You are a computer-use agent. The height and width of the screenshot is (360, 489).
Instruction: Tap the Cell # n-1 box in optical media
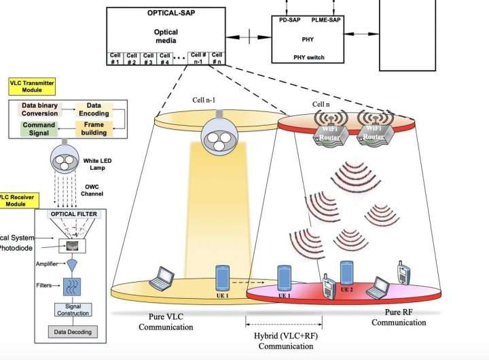point(198,59)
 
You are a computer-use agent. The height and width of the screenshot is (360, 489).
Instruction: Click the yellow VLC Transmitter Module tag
point(31,86)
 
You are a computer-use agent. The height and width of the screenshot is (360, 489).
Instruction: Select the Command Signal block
point(39,129)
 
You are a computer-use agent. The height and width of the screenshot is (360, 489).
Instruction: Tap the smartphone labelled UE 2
point(346,273)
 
